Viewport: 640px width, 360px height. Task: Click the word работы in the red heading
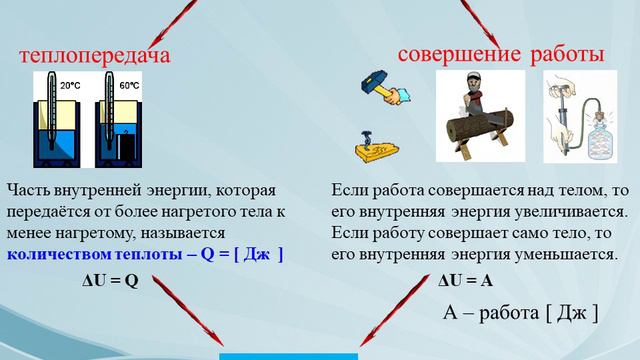pyautogui.click(x=567, y=54)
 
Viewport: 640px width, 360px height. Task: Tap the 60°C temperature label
pyautogui.click(x=130, y=87)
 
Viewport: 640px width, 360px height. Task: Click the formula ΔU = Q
pyautogui.click(x=109, y=281)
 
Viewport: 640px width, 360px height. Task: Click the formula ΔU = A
pyautogui.click(x=465, y=281)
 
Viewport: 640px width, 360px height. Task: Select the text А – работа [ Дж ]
pyautogui.click(x=520, y=313)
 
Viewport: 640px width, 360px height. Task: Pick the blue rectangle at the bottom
pyautogui.click(x=288, y=355)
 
